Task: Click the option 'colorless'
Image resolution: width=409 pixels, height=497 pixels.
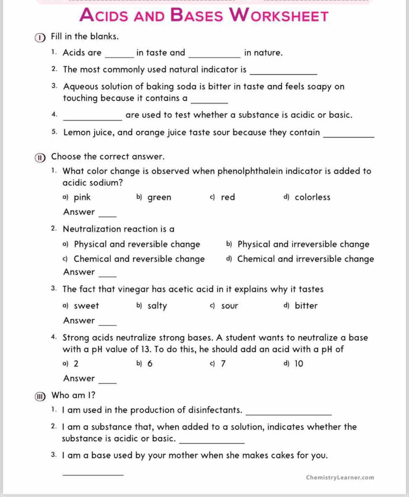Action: pyautogui.click(x=312, y=197)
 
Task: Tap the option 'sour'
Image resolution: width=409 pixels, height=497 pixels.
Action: pyautogui.click(x=230, y=306)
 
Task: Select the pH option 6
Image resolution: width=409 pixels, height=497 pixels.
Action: pyautogui.click(x=150, y=364)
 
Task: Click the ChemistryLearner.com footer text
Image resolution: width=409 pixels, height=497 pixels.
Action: pyautogui.click(x=340, y=477)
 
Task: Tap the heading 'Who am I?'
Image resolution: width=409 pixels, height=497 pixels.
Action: pyautogui.click(x=73, y=395)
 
